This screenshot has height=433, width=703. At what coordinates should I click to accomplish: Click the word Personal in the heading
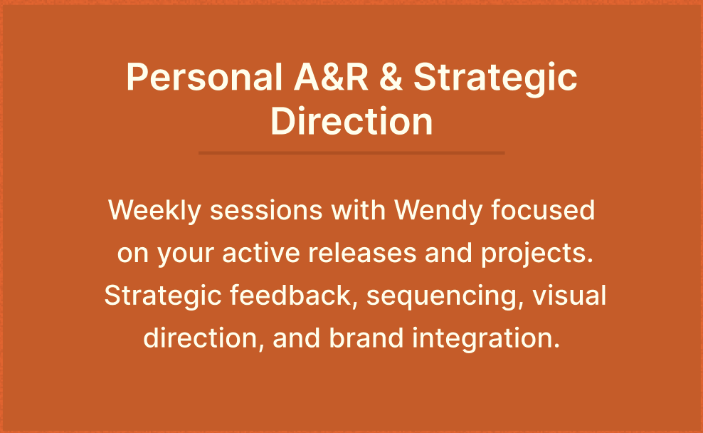tap(204, 77)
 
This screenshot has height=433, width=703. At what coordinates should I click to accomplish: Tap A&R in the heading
tap(331, 77)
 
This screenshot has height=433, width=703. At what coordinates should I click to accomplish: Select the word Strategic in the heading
tap(495, 79)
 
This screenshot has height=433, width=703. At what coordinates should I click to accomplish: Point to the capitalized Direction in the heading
tap(351, 120)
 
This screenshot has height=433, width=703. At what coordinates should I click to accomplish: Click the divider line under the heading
tap(351, 153)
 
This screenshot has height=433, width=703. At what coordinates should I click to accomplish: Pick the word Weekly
tap(154, 210)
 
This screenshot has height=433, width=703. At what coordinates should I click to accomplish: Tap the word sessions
tap(266, 210)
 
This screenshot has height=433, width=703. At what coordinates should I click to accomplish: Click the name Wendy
tap(438, 210)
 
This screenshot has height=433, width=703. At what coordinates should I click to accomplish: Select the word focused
tap(543, 209)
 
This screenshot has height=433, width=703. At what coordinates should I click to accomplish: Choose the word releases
tap(362, 252)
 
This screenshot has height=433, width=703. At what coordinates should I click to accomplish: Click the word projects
tap(537, 254)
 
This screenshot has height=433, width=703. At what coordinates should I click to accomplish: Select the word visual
tap(569, 295)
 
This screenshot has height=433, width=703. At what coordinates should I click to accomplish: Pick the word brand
tap(366, 338)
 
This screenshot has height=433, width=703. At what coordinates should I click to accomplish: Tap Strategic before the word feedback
tap(163, 296)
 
